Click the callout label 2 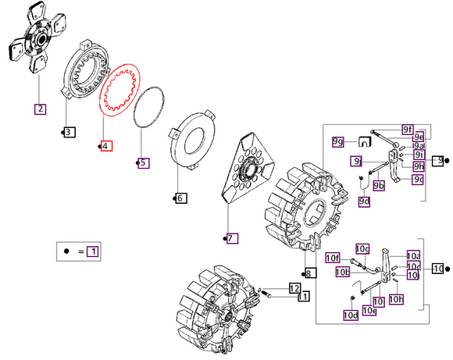(x=39, y=109)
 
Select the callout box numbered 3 (x=69, y=132)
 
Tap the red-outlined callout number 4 (x=106, y=146)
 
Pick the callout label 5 (x=143, y=162)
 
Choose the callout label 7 (x=232, y=238)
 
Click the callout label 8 (x=309, y=273)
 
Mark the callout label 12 (x=294, y=288)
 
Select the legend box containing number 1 (x=93, y=251)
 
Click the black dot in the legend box (x=67, y=251)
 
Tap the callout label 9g (x=337, y=141)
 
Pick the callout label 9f (x=408, y=129)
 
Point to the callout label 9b (x=379, y=185)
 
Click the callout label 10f (x=333, y=258)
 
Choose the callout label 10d (x=351, y=315)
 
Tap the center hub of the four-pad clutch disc (x=37, y=37)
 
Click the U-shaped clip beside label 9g (x=362, y=141)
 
